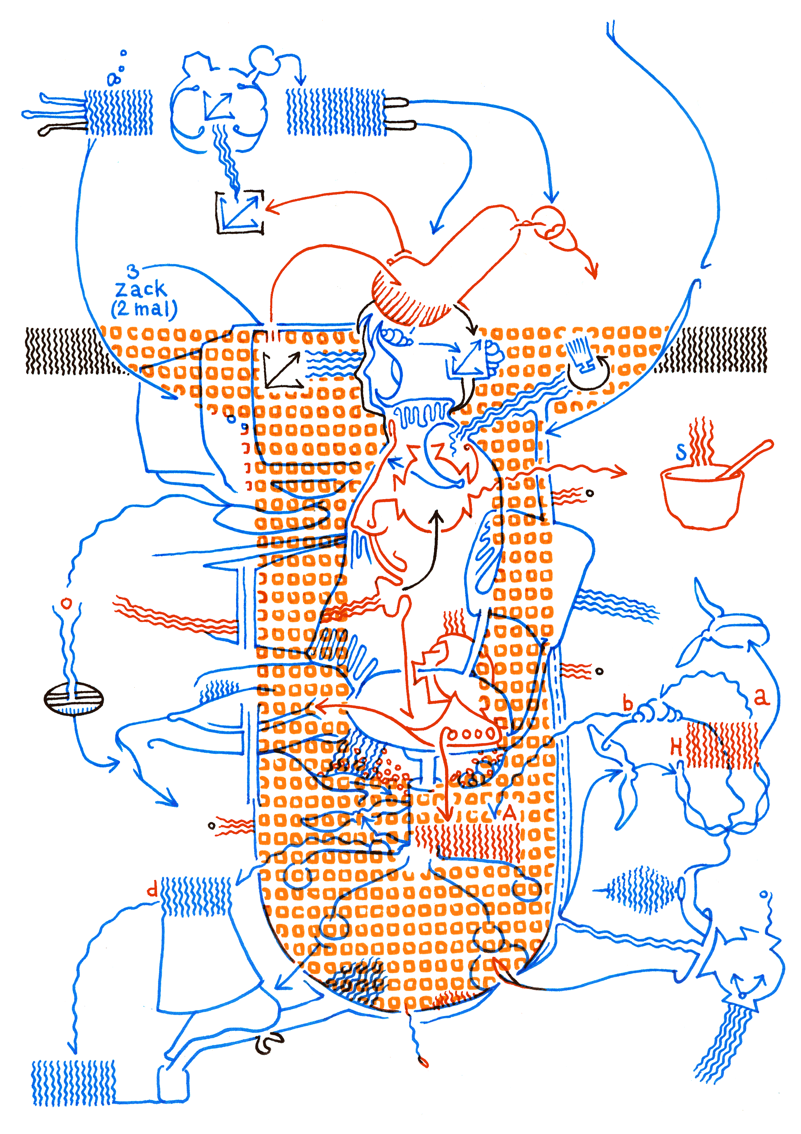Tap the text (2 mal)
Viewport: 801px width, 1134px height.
tap(144, 309)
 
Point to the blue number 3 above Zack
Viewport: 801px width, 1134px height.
tap(133, 271)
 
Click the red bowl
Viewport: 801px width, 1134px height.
tap(701, 497)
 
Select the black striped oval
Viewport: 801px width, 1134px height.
tap(74, 698)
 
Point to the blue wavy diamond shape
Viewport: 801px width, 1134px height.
tap(641, 890)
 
